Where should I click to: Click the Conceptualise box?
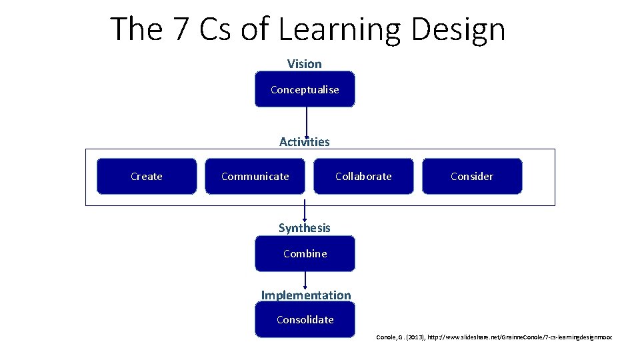305,89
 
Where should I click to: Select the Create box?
147,177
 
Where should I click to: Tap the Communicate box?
255,177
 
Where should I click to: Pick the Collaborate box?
363,177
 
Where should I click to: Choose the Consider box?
472,177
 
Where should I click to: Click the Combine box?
305,253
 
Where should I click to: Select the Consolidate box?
305,319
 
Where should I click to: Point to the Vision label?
304,64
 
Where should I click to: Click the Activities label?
304,141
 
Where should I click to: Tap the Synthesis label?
304,228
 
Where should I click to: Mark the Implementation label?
305,295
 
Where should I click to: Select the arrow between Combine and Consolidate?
305,280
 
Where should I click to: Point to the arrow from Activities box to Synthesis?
305,210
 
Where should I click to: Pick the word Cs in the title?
210,29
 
